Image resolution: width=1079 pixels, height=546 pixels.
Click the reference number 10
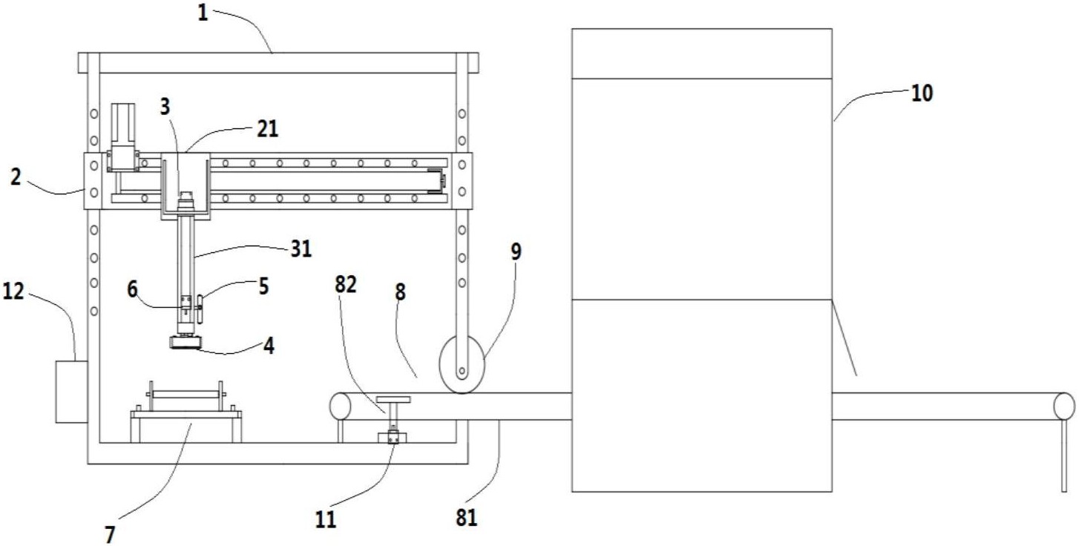[x=922, y=93]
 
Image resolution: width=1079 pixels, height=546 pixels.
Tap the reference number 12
[x=13, y=292]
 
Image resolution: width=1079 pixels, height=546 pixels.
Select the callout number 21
[x=267, y=129]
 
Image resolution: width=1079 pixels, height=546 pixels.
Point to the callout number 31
[x=301, y=249]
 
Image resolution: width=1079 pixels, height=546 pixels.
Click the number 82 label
[x=345, y=285]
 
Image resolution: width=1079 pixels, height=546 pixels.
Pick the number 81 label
[x=466, y=518]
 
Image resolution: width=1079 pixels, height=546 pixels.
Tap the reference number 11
[x=326, y=519]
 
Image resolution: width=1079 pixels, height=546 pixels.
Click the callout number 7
[x=110, y=534]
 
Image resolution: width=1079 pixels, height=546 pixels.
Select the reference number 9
[x=516, y=251]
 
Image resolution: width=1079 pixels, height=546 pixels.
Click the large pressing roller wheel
[x=462, y=364]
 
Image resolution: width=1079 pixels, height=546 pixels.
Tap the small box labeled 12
[x=72, y=392]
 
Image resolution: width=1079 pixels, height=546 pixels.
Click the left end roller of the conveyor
[x=341, y=406]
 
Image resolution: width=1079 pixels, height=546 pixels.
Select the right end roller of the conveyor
[x=1064, y=406]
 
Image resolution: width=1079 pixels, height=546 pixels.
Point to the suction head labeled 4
[x=186, y=343]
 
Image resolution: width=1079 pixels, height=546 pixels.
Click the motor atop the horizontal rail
[x=123, y=136]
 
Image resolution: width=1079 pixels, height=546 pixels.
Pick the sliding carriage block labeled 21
[x=186, y=186]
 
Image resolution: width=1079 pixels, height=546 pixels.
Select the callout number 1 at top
[x=203, y=13]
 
